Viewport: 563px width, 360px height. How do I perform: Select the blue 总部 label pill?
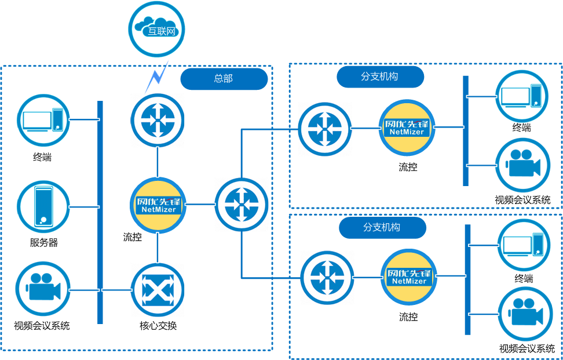click(224, 79)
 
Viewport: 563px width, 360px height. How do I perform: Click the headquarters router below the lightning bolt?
click(158, 120)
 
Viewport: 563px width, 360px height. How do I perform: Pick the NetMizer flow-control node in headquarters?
click(158, 205)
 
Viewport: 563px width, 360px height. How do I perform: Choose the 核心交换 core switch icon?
click(158, 289)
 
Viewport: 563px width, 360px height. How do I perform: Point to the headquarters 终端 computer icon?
click(43, 120)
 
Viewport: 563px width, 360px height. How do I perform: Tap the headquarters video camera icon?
click(43, 289)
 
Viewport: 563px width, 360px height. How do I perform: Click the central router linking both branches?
click(242, 204)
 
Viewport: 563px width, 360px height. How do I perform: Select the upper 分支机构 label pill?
click(380, 77)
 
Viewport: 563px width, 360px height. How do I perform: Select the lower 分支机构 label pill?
click(382, 227)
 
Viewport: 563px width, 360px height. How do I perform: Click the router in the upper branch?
click(325, 128)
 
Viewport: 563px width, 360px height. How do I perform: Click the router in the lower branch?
click(327, 277)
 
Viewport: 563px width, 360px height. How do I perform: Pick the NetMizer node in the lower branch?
click(408, 277)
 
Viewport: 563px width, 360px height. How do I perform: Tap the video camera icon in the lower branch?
click(525, 314)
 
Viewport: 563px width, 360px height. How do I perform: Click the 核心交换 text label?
click(158, 325)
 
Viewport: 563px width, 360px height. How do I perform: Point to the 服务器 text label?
click(44, 243)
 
